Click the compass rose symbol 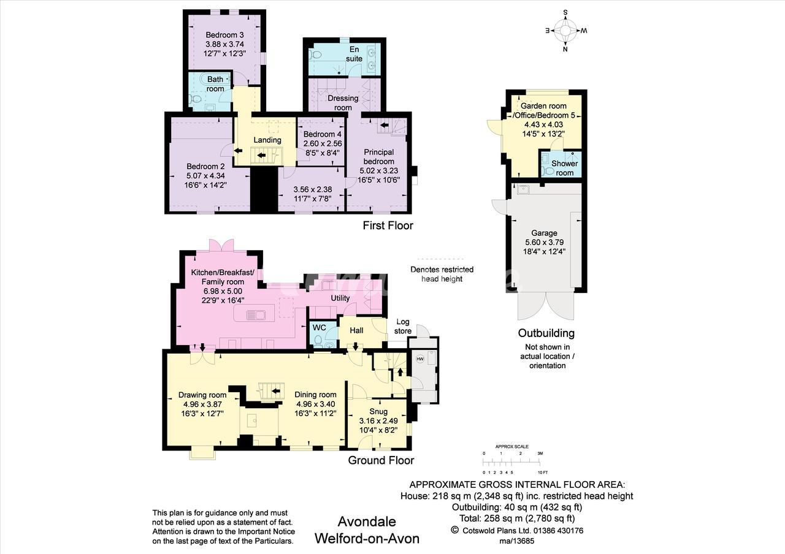pyautogui.click(x=565, y=31)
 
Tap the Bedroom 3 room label pyautogui.click(x=224, y=35)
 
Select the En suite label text pyautogui.click(x=354, y=54)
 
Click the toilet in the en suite pyautogui.click(x=316, y=55)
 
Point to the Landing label pyautogui.click(x=267, y=140)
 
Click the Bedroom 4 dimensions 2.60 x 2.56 pyautogui.click(x=323, y=143)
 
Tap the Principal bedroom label pyautogui.click(x=378, y=157)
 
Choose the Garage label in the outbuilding pyautogui.click(x=544, y=233)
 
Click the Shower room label pyautogui.click(x=565, y=168)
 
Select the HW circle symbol pyautogui.click(x=420, y=359)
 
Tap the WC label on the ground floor pyautogui.click(x=320, y=328)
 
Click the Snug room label pyautogui.click(x=378, y=411)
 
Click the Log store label pyautogui.click(x=403, y=327)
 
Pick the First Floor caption pyautogui.click(x=388, y=226)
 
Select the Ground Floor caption pyautogui.click(x=381, y=460)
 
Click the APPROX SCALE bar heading pyautogui.click(x=511, y=447)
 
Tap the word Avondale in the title pyautogui.click(x=367, y=522)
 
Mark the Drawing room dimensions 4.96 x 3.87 pyautogui.click(x=202, y=404)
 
